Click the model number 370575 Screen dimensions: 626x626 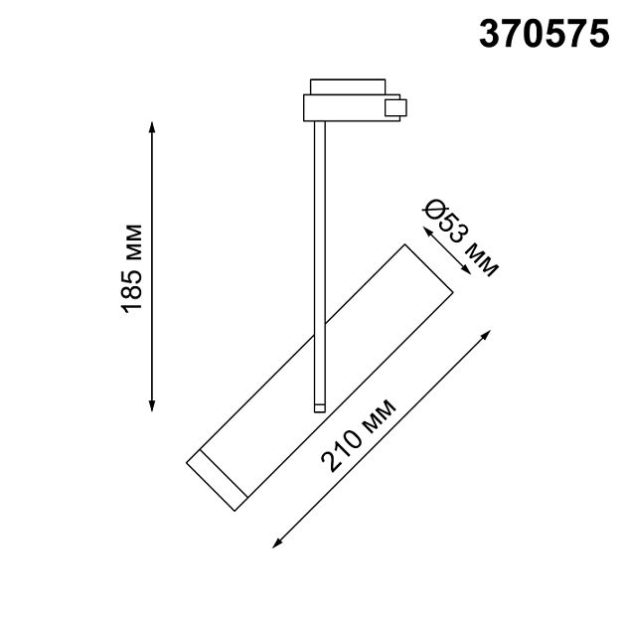click(545, 34)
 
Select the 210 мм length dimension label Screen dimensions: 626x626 click(358, 435)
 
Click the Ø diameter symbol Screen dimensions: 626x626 click(433, 211)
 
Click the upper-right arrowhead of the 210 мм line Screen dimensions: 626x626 click(487, 334)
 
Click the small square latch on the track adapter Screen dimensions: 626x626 click(396, 107)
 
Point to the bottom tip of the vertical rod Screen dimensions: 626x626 click(319, 406)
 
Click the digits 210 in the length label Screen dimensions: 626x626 click(339, 453)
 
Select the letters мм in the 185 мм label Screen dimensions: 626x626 click(133, 243)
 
